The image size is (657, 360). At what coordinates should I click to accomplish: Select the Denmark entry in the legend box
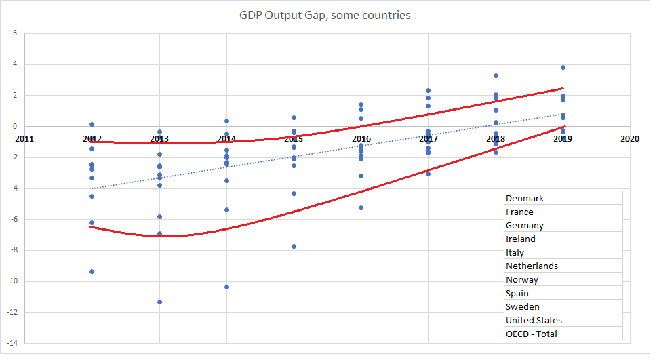click(x=525, y=199)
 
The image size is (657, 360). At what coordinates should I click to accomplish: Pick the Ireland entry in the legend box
click(x=521, y=239)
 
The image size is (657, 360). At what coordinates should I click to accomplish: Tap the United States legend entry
click(x=534, y=321)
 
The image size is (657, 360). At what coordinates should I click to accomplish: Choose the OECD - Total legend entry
click(x=532, y=334)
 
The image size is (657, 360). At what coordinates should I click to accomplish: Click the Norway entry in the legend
click(x=522, y=280)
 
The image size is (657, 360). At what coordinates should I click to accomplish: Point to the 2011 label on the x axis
click(x=24, y=139)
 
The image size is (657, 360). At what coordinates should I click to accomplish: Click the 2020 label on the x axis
click(x=630, y=139)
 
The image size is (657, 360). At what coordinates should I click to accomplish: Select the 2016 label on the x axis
click(x=361, y=139)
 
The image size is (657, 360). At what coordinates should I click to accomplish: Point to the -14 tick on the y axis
click(x=14, y=343)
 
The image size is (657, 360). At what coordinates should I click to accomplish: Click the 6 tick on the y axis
click(x=16, y=34)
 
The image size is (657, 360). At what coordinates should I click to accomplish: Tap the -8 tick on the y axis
click(x=14, y=250)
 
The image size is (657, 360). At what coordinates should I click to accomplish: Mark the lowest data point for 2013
click(x=159, y=302)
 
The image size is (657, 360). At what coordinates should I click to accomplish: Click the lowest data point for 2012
click(x=92, y=271)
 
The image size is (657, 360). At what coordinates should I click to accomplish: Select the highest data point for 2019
click(x=563, y=67)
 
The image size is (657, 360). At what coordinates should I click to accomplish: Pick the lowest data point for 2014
click(x=226, y=287)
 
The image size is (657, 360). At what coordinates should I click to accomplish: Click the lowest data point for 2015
click(x=294, y=246)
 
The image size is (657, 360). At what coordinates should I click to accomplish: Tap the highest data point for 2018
click(x=496, y=75)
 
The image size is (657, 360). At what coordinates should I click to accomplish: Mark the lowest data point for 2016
click(x=361, y=207)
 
